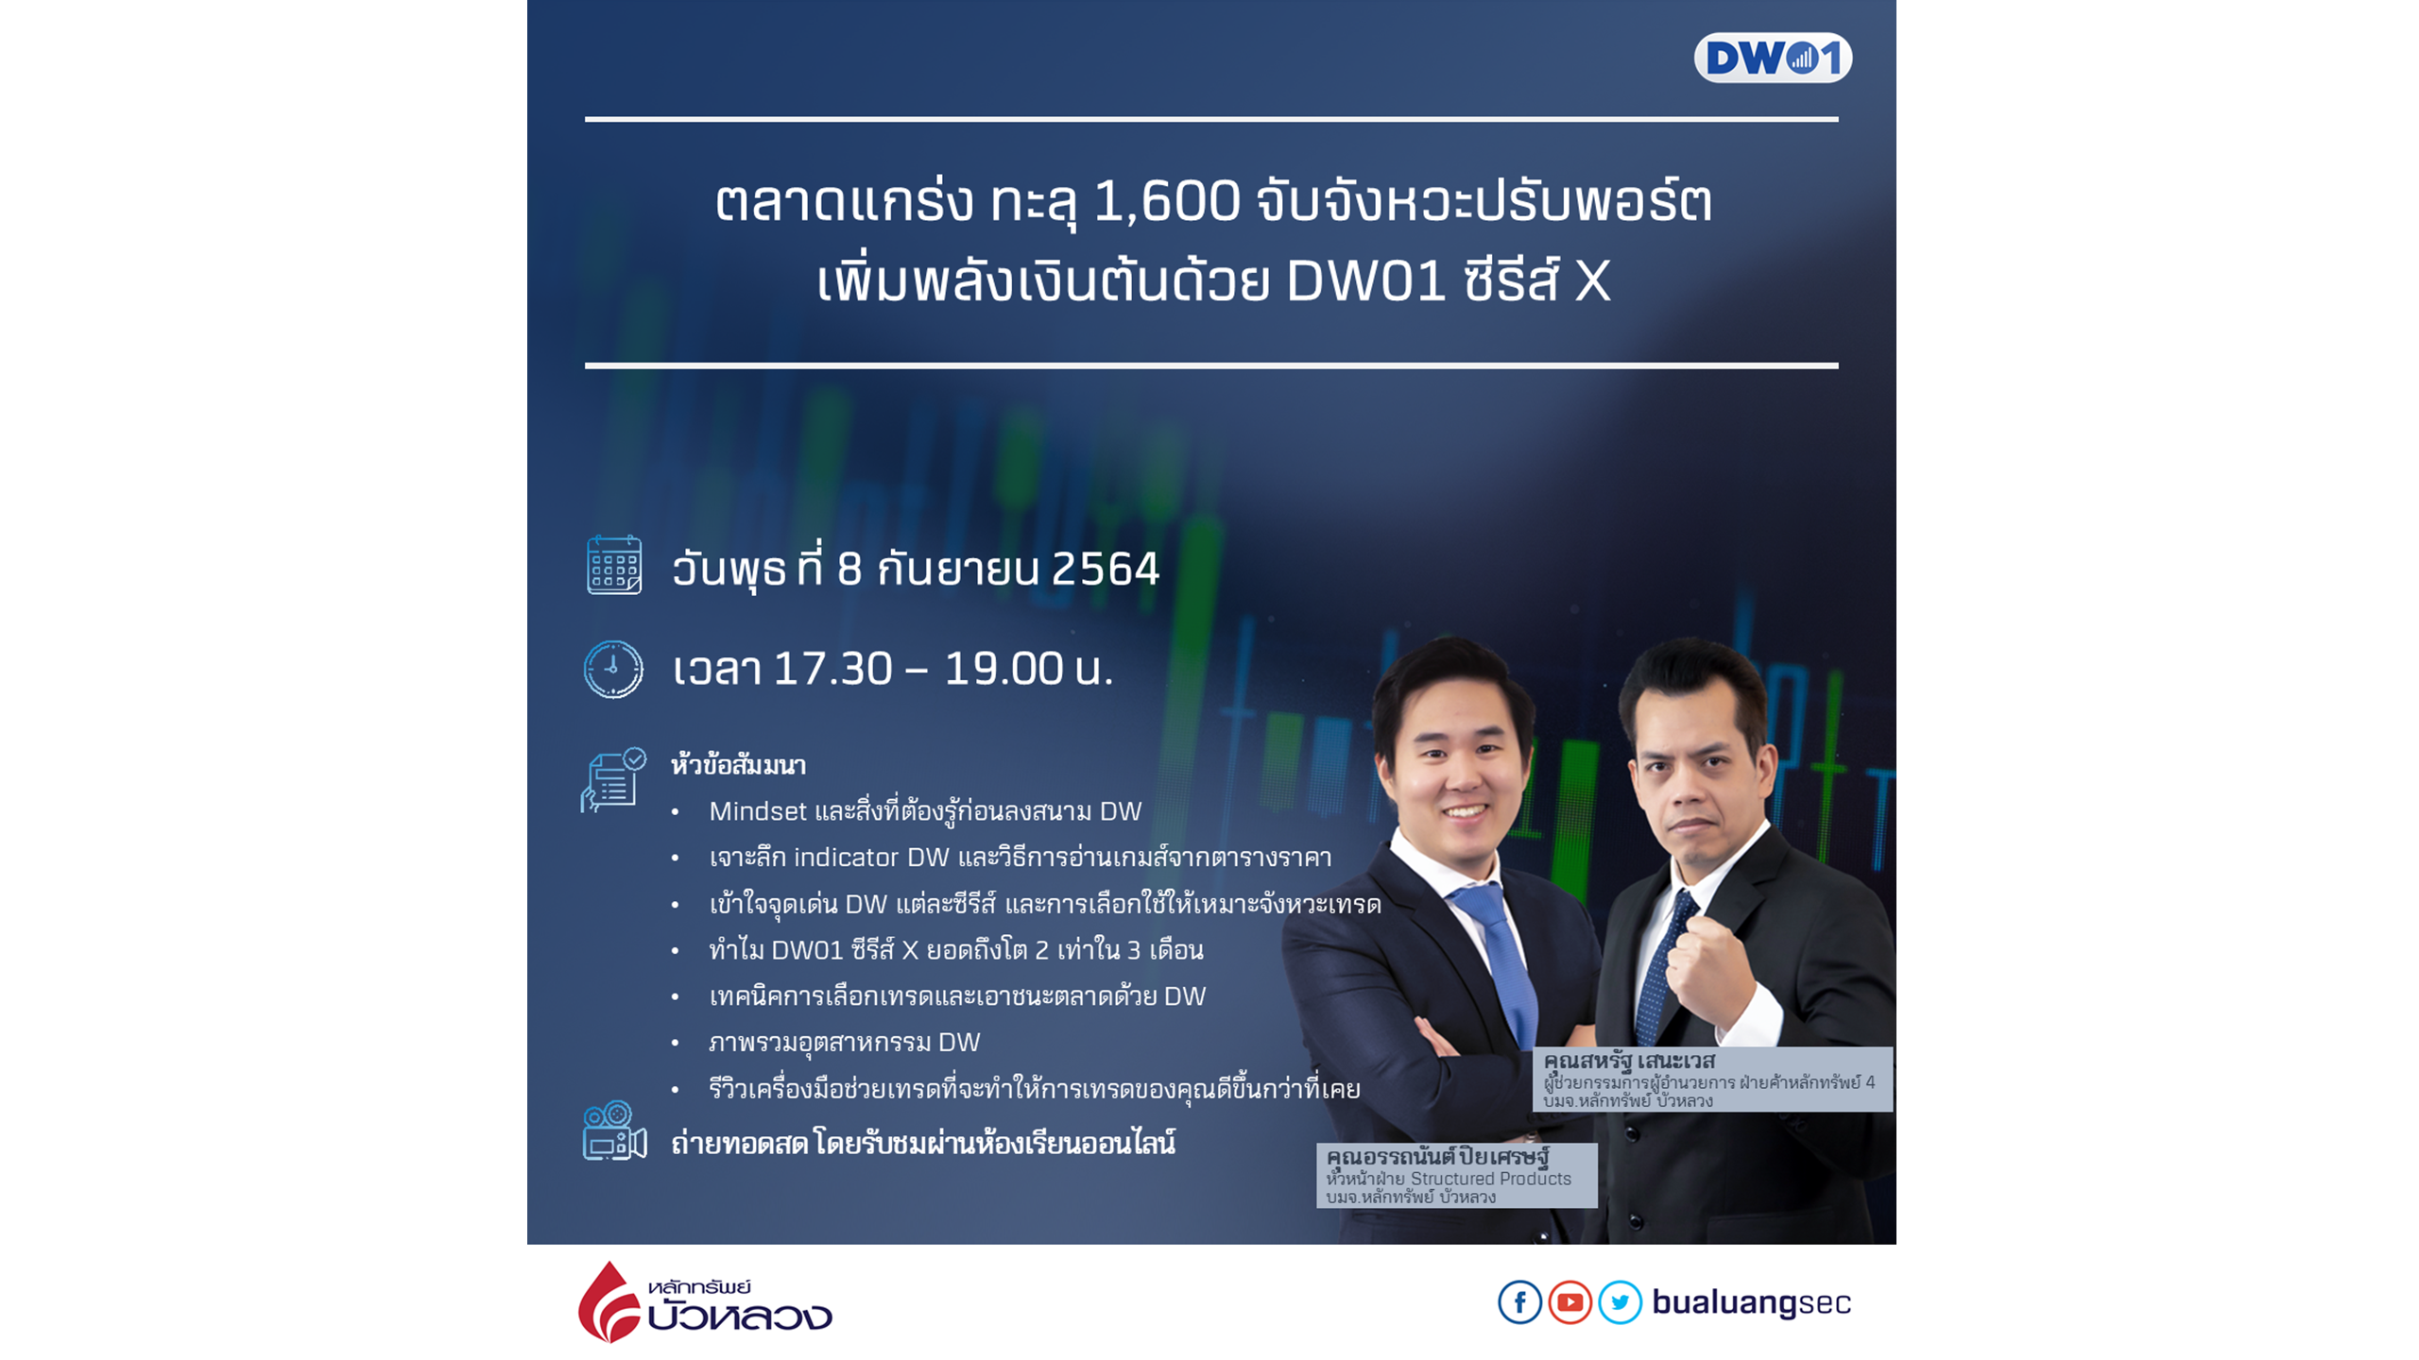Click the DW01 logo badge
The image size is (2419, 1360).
point(1772,58)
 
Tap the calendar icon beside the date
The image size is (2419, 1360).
point(614,565)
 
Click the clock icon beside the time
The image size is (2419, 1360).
point(613,669)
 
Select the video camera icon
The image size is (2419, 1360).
point(614,1130)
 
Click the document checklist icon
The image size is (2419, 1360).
point(613,780)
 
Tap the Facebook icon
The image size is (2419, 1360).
point(1519,1302)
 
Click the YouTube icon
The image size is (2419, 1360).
point(1570,1302)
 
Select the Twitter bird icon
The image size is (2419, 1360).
point(1620,1302)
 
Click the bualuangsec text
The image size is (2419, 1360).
point(1751,1302)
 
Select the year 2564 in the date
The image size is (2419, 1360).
point(1105,569)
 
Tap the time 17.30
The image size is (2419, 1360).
point(832,669)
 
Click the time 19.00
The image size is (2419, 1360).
point(1004,669)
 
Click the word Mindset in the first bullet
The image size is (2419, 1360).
point(758,811)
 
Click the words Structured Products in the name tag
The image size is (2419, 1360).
point(1490,1179)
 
